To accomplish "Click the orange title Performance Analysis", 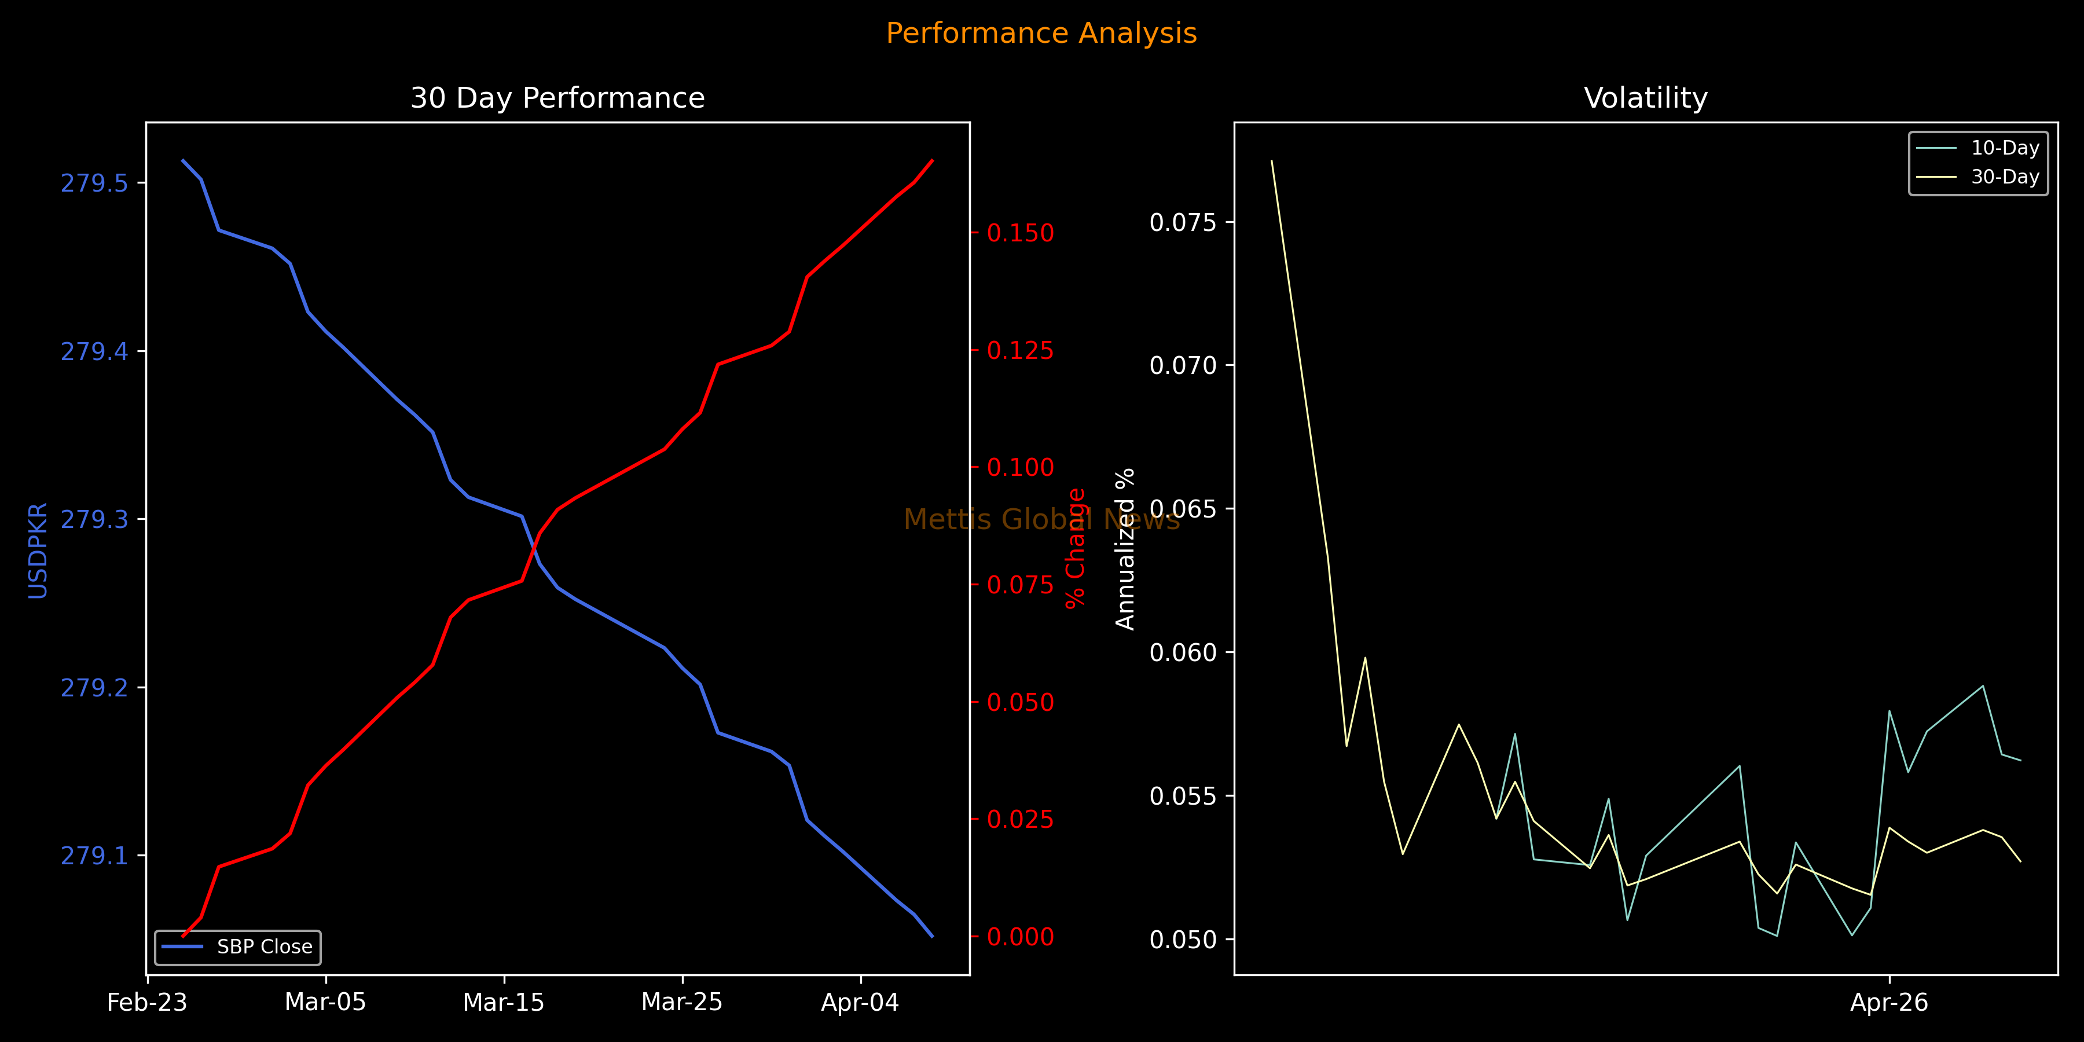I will (1041, 33).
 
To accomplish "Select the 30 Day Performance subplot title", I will (557, 98).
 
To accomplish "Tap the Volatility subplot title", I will (1646, 98).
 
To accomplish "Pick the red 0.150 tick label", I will (1020, 233).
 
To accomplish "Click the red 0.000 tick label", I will (1020, 937).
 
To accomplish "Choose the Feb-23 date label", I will (147, 1003).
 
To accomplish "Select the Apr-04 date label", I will (860, 1003).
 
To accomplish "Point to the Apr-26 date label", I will (1889, 1003).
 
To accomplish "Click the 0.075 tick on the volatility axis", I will (1183, 222).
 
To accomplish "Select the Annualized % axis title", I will (1125, 549).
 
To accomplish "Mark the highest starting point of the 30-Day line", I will (1272, 161).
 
